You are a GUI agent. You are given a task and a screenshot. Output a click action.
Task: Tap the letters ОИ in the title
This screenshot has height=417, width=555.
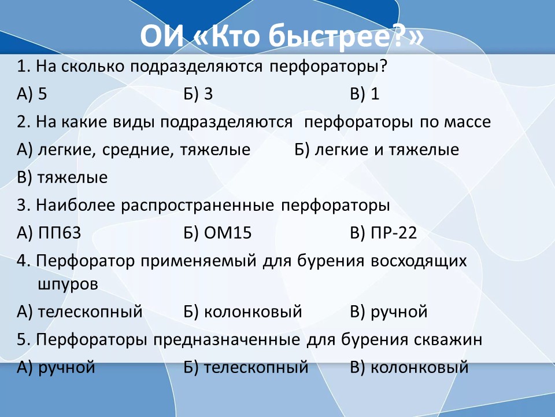(162, 36)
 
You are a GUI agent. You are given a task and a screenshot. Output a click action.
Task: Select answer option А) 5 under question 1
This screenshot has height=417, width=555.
(32, 94)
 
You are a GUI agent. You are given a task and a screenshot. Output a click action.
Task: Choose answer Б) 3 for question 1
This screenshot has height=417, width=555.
(198, 94)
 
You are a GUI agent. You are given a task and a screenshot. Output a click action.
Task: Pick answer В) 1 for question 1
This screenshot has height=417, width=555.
(365, 94)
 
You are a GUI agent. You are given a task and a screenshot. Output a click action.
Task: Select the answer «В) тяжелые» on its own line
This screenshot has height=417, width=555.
(62, 178)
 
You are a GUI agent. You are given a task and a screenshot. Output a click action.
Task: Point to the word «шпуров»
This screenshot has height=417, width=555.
(68, 285)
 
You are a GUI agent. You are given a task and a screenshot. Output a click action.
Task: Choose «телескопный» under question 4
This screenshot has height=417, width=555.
(90, 312)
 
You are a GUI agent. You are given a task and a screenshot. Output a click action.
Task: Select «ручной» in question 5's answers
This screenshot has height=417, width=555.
(66, 367)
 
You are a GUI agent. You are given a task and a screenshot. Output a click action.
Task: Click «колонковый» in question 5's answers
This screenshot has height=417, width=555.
(420, 367)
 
